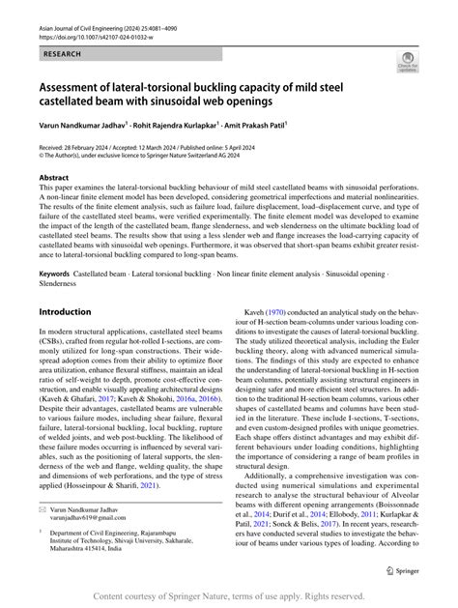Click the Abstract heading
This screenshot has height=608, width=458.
click(x=53, y=178)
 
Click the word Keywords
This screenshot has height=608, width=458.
click(x=55, y=275)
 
